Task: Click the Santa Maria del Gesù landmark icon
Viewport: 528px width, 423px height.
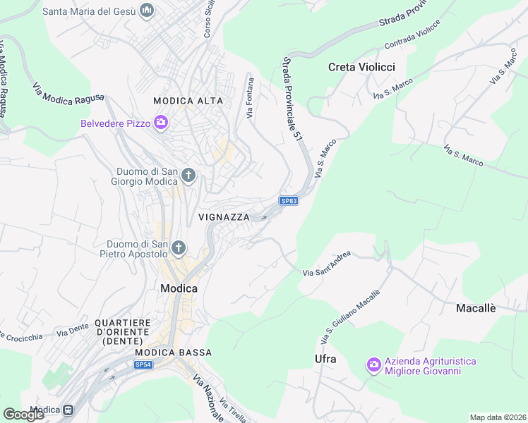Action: coord(147,11)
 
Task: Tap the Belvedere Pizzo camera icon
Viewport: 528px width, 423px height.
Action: coord(161,123)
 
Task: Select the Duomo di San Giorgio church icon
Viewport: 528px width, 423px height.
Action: coord(188,174)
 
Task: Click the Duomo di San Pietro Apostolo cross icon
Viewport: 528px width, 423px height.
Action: coord(179,247)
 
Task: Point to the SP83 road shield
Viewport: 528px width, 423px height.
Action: coord(289,201)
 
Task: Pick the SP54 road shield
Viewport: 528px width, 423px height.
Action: coord(143,364)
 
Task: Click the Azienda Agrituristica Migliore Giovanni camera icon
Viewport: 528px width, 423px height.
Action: coord(373,365)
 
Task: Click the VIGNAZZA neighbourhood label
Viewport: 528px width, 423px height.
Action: coord(224,217)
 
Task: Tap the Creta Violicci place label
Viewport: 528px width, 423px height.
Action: coord(361,67)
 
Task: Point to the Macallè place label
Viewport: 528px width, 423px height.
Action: coord(476,308)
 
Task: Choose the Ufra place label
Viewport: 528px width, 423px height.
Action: coord(325,359)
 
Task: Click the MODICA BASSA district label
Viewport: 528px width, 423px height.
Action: coord(173,352)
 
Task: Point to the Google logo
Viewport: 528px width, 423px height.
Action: coord(23,415)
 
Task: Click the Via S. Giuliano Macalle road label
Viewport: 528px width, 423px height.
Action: coord(350,317)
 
